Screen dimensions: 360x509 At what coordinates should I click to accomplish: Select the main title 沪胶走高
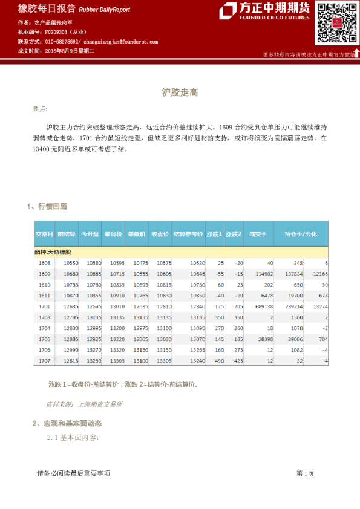coord(180,92)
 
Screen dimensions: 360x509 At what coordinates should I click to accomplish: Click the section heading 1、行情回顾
coord(47,207)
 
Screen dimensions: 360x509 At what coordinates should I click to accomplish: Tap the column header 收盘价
coord(160,234)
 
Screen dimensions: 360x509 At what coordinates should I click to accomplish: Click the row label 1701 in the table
coord(44,306)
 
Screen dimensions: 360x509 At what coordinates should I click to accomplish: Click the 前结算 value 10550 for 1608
coord(70,263)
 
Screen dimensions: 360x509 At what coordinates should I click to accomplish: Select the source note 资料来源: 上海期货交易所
coord(84,404)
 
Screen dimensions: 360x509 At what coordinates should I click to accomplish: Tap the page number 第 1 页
coord(305,474)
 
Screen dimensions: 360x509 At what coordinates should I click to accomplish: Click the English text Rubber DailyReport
coord(105,10)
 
